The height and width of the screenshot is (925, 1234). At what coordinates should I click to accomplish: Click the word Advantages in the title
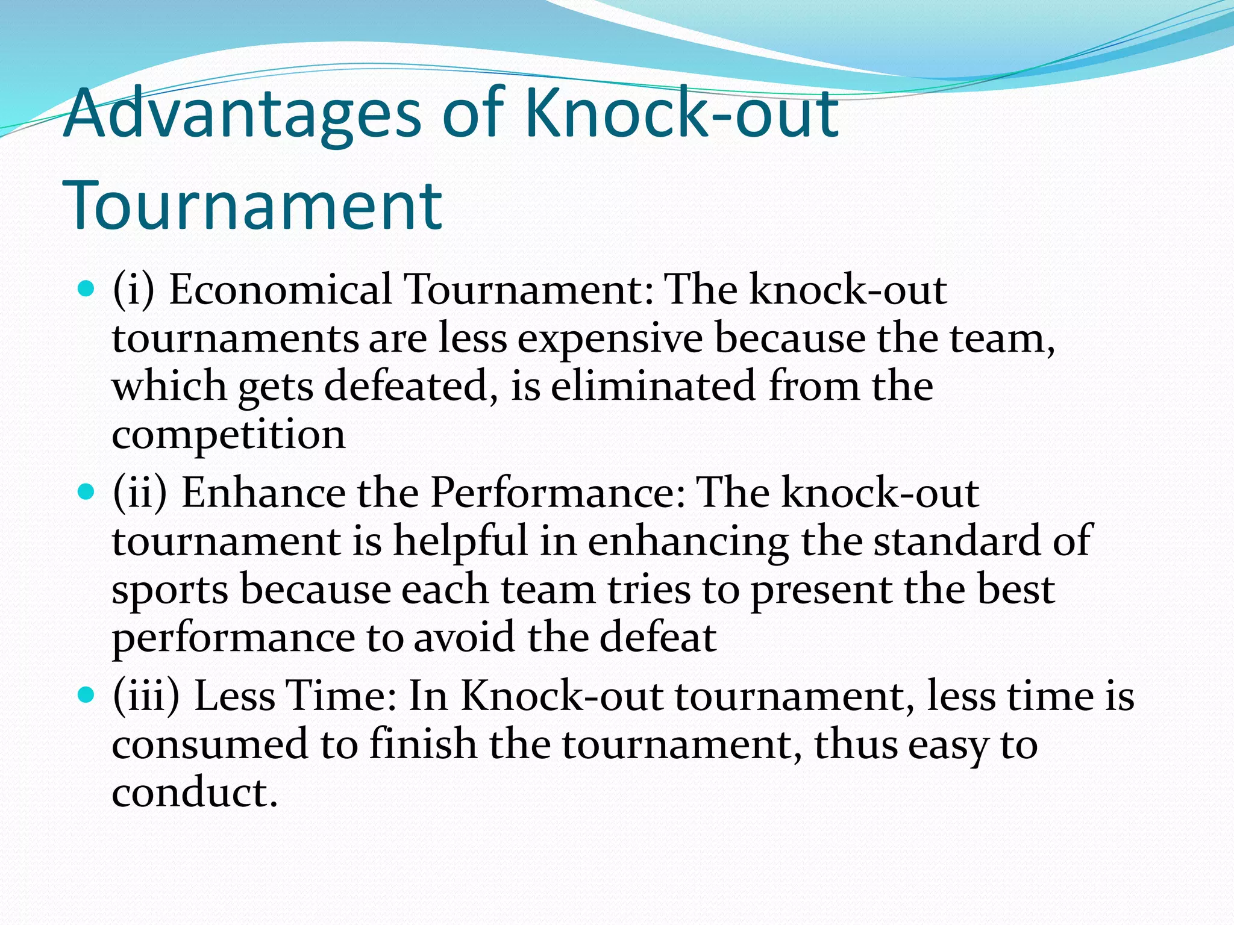(x=241, y=113)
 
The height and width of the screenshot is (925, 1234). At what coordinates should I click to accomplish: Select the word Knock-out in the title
(x=681, y=113)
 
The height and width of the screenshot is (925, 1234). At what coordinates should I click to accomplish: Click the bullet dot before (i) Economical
(x=87, y=290)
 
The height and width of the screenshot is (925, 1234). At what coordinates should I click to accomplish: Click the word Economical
(x=280, y=290)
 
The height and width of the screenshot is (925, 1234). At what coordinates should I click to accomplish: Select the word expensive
(x=610, y=338)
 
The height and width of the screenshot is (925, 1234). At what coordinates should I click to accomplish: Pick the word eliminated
(x=653, y=386)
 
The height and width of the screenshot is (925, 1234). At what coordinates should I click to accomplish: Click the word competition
(x=228, y=435)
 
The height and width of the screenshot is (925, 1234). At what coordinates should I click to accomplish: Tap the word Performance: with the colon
(x=557, y=493)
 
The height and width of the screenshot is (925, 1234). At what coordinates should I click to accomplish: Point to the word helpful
(x=460, y=541)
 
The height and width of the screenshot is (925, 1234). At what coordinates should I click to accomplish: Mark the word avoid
(x=464, y=637)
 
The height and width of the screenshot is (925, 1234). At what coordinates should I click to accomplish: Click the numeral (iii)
(x=146, y=696)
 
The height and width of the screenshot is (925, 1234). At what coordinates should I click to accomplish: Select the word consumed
(x=210, y=744)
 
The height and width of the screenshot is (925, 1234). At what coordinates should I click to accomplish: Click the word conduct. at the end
(x=195, y=793)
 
